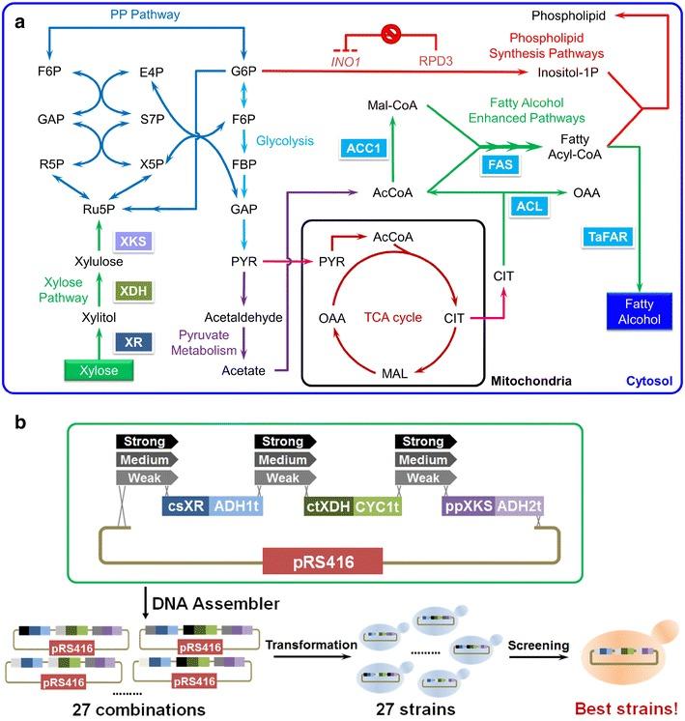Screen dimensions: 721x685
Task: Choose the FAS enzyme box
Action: (499, 165)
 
